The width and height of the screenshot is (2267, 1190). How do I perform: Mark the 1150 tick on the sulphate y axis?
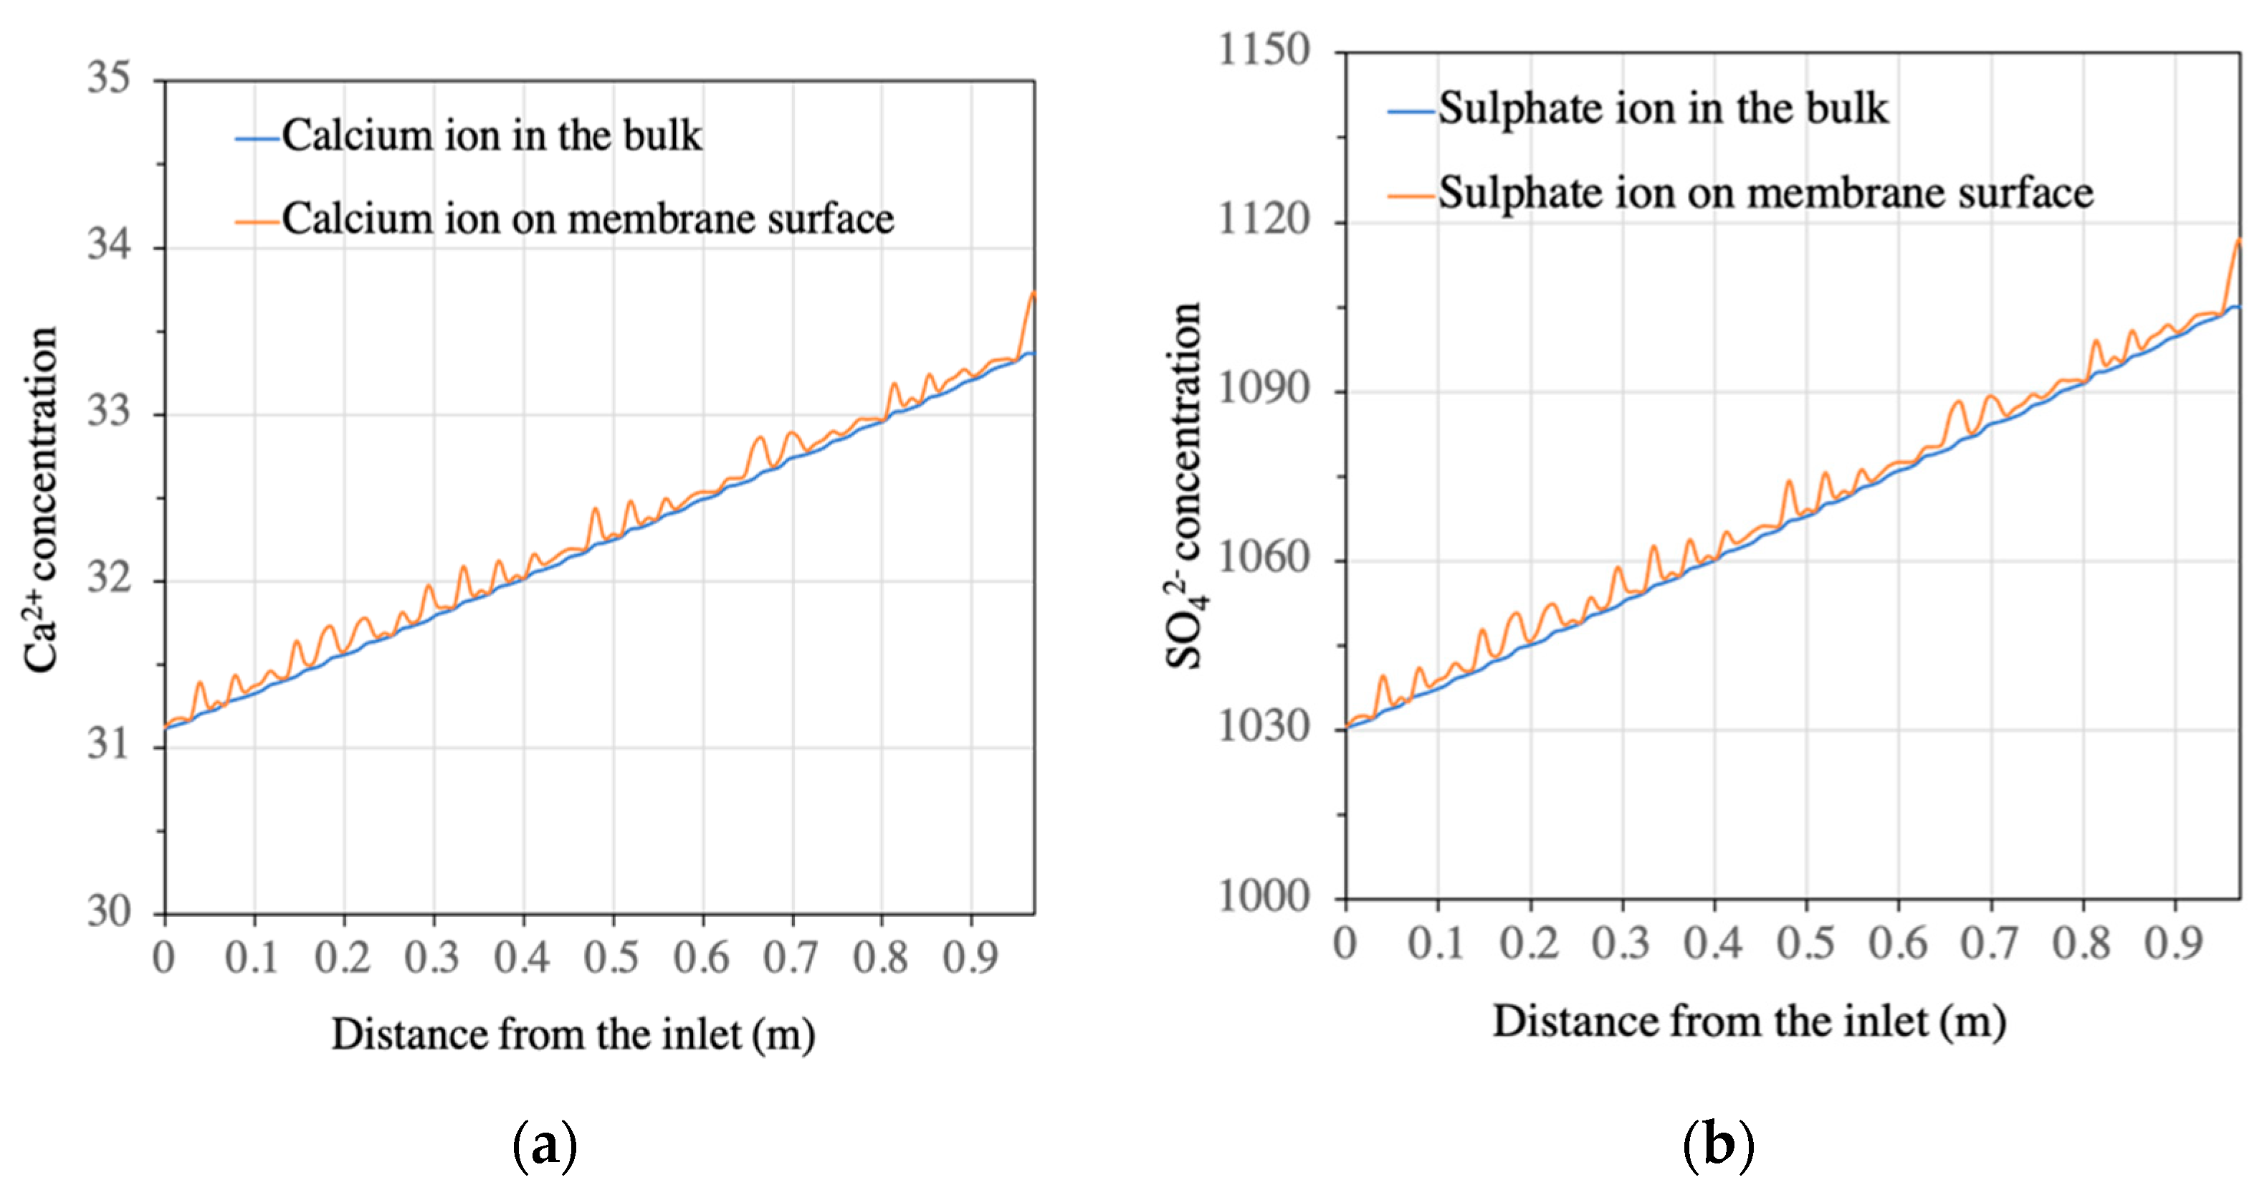click(1263, 50)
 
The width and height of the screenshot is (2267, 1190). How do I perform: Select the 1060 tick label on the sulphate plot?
click(1263, 557)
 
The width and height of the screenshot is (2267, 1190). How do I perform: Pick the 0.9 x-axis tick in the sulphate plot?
click(2174, 943)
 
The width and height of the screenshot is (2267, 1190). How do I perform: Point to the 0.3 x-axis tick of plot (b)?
click(1621, 943)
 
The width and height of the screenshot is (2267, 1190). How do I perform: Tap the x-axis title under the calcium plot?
click(573, 1034)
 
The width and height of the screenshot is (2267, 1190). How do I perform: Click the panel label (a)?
click(544, 1145)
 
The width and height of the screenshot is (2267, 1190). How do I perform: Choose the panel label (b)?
click(1718, 1145)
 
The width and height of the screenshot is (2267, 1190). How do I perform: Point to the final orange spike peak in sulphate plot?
click(2238, 239)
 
